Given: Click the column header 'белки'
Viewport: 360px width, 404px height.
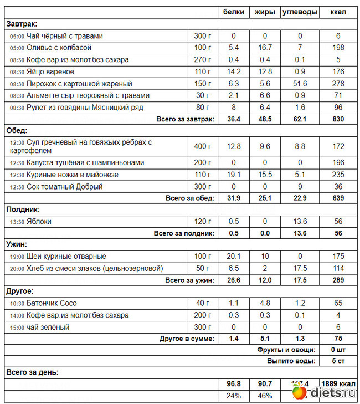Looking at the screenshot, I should (x=234, y=12).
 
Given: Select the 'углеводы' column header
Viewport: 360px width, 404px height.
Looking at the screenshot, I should (x=300, y=12).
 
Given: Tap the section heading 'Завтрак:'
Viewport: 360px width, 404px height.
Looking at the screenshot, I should (x=22, y=24).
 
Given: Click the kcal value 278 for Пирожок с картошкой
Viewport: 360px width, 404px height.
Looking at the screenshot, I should (x=338, y=84).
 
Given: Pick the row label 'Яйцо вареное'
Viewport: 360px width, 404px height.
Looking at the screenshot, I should (x=50, y=71).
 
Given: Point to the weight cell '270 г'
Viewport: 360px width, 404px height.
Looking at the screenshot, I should (x=203, y=60).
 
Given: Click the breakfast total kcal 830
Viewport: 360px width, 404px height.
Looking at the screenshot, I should (x=338, y=119).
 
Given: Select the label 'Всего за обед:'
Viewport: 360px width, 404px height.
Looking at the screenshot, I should (x=190, y=198).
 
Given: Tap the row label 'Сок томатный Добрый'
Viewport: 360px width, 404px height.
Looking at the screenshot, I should (x=65, y=187).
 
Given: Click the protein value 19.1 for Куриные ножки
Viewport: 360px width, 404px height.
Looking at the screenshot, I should (x=234, y=175).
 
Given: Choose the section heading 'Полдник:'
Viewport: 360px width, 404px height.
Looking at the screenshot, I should (x=23, y=209).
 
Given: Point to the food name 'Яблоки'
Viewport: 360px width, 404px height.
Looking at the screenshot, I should (x=39, y=221).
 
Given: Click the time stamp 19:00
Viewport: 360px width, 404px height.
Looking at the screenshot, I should (x=17, y=257).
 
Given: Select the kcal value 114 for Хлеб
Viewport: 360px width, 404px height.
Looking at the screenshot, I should (x=338, y=268).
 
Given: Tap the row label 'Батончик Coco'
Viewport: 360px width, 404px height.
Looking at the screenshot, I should (x=52, y=303).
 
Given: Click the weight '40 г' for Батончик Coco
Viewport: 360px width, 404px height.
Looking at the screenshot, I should (x=203, y=303).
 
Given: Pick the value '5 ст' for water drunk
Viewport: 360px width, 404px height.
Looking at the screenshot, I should (x=338, y=361).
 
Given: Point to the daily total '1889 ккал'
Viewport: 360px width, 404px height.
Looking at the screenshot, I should (x=338, y=383).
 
